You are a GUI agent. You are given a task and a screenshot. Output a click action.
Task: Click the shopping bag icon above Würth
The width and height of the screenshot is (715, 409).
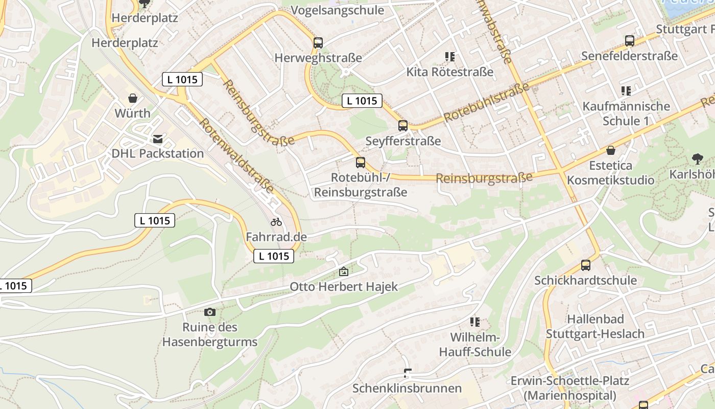[x=133, y=98]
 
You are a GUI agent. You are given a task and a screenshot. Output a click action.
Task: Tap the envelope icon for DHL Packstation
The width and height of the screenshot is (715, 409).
[x=158, y=139]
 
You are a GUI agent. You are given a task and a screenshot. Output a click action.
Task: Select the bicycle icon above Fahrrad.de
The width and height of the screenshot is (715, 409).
[x=276, y=222]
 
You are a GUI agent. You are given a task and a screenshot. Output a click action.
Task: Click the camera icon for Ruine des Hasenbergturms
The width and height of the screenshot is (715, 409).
[x=209, y=312]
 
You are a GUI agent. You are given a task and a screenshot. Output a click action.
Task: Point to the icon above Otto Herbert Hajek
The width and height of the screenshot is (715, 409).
[x=344, y=271]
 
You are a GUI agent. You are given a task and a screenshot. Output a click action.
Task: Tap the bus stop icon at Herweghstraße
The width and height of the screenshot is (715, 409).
[x=318, y=43]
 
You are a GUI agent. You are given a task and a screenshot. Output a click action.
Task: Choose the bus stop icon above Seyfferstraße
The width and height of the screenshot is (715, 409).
[x=403, y=126]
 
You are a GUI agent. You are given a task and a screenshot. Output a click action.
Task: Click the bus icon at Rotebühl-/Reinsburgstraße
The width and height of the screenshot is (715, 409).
[x=361, y=163]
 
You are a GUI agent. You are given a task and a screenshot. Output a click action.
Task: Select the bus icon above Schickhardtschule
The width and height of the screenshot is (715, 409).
[x=585, y=266]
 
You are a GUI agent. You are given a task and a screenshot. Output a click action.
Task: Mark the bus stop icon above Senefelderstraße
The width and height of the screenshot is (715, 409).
[x=629, y=41]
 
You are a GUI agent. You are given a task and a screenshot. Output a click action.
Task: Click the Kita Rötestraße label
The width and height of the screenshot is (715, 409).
[x=450, y=72]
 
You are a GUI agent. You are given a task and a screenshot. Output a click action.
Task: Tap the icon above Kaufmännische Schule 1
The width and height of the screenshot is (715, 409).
[x=626, y=91]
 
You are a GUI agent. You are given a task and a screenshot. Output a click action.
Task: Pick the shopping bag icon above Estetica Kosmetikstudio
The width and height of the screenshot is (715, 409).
[x=610, y=150]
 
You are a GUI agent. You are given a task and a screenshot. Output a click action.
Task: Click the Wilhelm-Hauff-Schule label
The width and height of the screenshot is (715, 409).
[x=475, y=345]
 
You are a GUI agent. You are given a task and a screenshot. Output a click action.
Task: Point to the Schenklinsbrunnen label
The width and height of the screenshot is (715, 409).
[x=407, y=388]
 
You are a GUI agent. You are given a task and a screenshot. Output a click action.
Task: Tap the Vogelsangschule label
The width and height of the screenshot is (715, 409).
[x=337, y=10]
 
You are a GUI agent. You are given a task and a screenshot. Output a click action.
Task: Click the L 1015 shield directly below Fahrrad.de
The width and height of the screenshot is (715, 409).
[x=274, y=256]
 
